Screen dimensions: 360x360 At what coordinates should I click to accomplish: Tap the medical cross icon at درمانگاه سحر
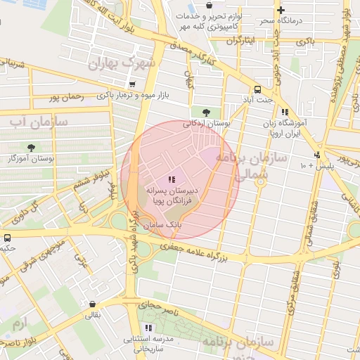pos(281,10)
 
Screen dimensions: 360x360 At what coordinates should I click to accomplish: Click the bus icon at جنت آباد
pos(257,89)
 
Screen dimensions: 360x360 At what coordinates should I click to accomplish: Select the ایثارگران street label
pos(239,40)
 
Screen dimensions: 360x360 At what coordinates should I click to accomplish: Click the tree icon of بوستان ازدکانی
pos(205,112)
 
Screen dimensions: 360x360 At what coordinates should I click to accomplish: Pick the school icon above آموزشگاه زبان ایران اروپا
pos(285,112)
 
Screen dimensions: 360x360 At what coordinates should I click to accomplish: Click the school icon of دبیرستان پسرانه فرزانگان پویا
pos(172,179)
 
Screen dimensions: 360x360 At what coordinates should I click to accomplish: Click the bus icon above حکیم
pos(7,238)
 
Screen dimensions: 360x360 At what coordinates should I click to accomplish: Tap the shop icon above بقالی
pos(93,304)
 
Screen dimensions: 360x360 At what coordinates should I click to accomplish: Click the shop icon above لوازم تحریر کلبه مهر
pos(210,5)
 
